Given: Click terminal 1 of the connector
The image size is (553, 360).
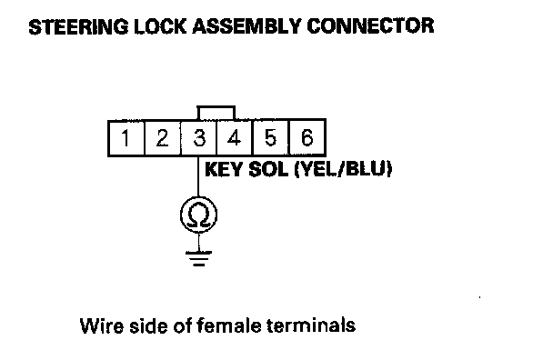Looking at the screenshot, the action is coord(126,137).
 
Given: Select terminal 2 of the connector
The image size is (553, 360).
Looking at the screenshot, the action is coord(162,137).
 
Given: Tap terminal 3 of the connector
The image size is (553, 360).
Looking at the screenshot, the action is coord(198,137).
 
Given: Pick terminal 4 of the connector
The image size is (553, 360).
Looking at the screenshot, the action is coord(235,137).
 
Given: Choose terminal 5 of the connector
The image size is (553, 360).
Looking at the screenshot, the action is coord(270,137).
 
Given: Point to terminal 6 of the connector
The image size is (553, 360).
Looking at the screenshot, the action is coord(307,137).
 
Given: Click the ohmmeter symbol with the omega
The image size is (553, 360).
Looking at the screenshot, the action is coord(198,215).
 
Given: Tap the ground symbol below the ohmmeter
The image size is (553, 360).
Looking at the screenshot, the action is coord(198,258).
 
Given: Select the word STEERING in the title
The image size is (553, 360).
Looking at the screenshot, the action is coord(78,26).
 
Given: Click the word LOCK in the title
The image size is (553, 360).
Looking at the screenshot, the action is coord(160,26).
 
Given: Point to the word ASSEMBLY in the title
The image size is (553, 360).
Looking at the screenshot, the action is coord(246,26).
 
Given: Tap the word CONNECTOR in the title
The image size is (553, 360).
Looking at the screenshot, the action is coord(370,26).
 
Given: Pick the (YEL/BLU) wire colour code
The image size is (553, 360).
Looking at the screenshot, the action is coord(343,169).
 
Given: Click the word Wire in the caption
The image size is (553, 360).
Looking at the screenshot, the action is coord(102,325).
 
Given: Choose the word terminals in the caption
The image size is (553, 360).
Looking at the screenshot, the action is coord(311,325).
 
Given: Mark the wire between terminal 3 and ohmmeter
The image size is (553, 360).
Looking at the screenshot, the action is coord(198,176).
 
